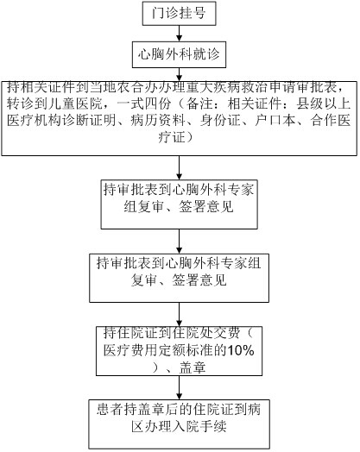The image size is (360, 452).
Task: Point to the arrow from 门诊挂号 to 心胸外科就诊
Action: coord(179,33)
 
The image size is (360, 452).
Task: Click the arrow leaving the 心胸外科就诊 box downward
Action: coord(179,75)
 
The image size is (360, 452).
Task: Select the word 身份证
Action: coord(220,121)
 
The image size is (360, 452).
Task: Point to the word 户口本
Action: coord(275,121)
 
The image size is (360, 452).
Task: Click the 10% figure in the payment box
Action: coord(241,350)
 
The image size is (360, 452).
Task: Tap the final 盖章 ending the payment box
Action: coord(193,367)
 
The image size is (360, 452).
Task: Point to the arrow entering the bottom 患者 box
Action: coord(179,387)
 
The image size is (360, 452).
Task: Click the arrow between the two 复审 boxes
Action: coord(179,242)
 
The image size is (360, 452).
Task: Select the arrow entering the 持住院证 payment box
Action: coord(179,315)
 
